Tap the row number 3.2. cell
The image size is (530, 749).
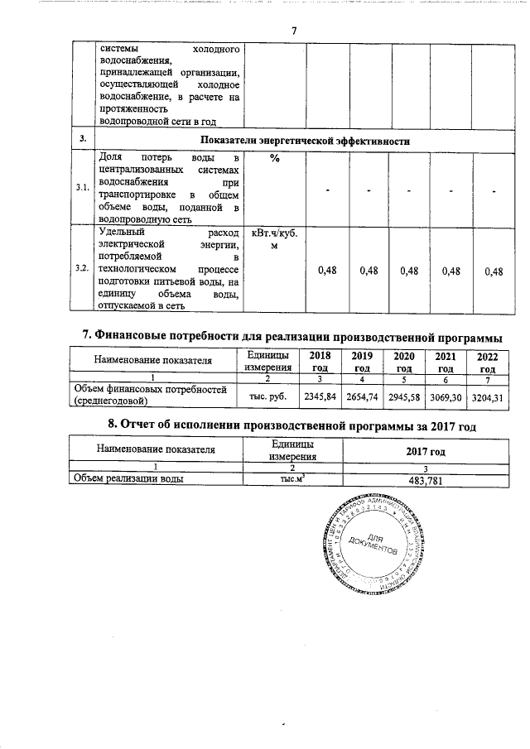coord(81,269)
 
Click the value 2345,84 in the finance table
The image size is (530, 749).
coord(320,397)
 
